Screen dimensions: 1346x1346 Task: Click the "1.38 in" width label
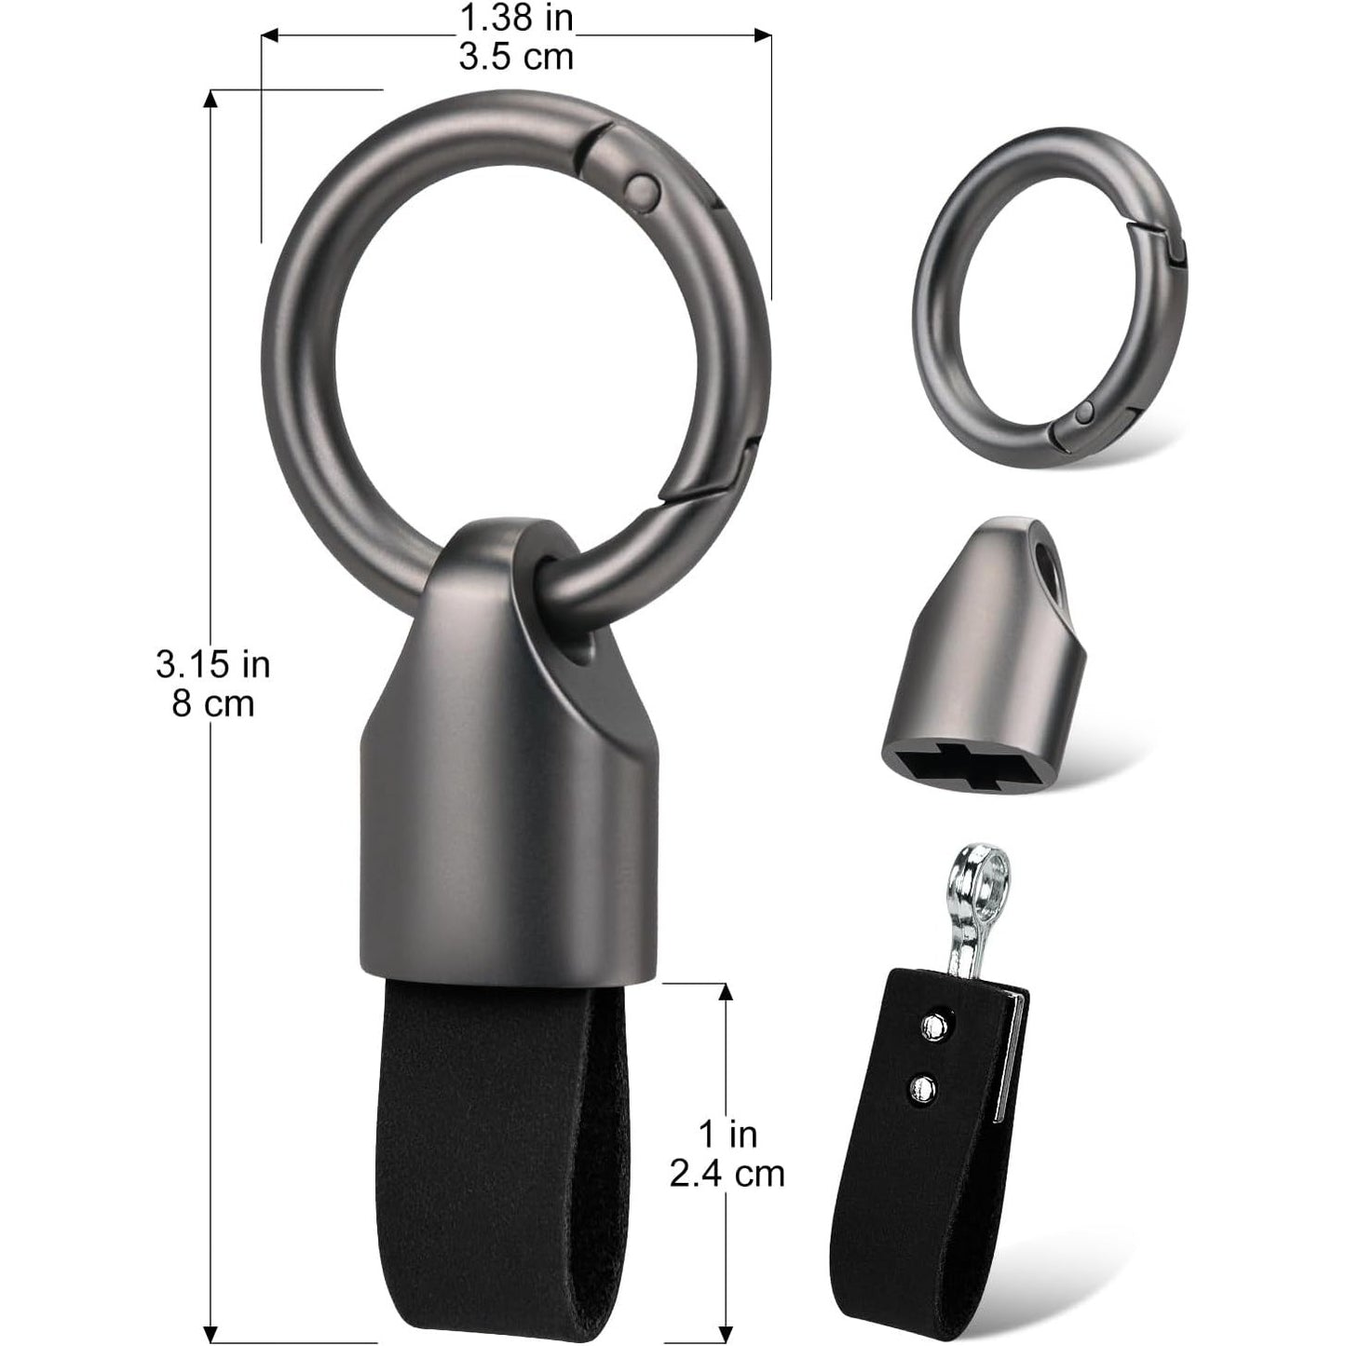tap(516, 19)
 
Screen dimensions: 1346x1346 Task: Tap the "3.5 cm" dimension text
tap(516, 57)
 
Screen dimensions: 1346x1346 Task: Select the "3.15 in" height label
tap(212, 664)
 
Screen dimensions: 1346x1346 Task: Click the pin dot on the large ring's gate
tap(642, 188)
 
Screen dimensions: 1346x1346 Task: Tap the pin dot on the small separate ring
tap(1084, 414)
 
